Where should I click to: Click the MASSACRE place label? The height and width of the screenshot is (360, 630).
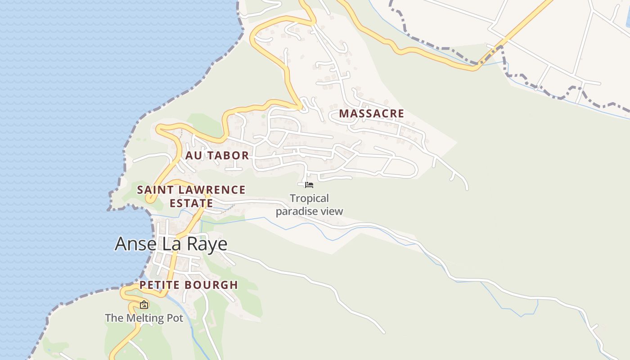371,113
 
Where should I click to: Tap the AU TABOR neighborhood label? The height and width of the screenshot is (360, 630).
217,156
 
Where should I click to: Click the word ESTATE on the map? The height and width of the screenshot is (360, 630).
191,203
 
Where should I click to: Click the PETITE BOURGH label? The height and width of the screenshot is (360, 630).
189,285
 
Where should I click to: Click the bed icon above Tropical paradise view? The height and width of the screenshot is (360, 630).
309,184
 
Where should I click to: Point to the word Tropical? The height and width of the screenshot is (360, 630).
309,198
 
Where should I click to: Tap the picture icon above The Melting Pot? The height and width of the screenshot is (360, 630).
144,305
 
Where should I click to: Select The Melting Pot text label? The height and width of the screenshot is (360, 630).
144,318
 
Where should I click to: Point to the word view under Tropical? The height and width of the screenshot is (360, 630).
333,211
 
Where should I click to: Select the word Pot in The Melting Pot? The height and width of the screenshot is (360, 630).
175,318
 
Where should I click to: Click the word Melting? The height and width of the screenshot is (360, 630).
145,318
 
